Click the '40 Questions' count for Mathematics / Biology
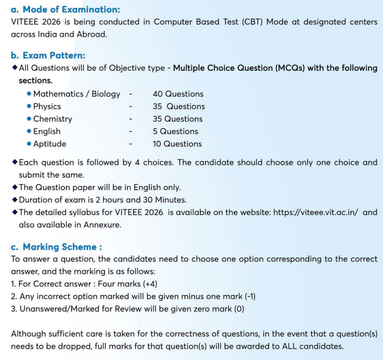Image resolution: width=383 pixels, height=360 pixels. [178, 94]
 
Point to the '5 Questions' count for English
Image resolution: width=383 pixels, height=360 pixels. [175, 132]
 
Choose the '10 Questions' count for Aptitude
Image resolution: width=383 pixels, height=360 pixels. [177, 144]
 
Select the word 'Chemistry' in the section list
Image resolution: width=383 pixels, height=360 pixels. [52, 119]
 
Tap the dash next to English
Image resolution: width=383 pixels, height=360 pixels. [130, 132]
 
